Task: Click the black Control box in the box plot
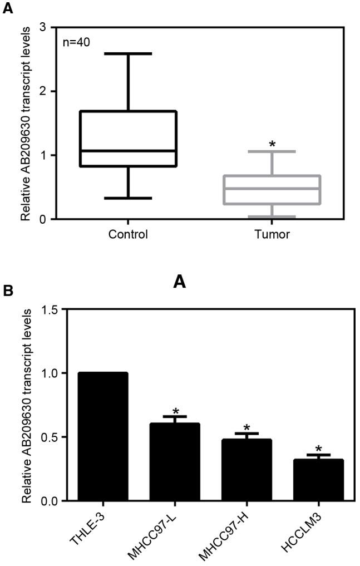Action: click(128, 138)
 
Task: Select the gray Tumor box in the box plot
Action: click(272, 190)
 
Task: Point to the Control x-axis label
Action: click(128, 234)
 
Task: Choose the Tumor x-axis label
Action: click(272, 234)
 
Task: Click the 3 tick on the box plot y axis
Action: click(42, 27)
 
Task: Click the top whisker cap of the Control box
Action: click(128, 54)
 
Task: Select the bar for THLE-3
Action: click(103, 436)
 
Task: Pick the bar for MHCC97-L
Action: click(175, 461)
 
